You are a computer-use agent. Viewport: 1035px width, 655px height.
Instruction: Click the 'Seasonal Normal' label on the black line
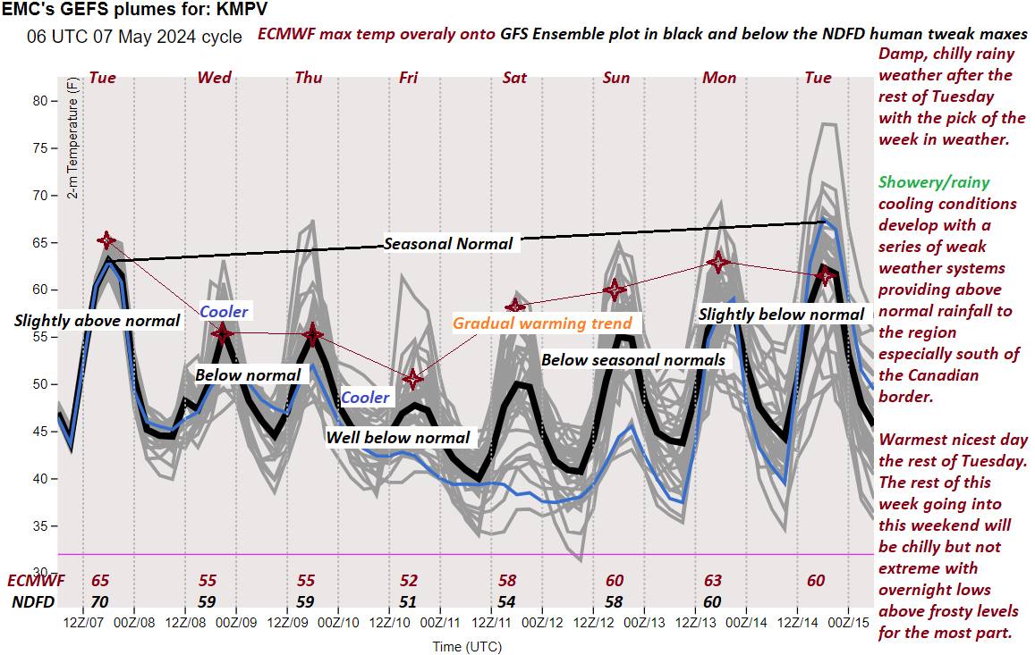click(448, 243)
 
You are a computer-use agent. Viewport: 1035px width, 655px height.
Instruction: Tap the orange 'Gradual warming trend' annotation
click(542, 323)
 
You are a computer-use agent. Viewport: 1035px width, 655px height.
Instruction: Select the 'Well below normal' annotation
click(397, 437)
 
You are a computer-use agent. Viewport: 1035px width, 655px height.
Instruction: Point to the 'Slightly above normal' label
click(97, 320)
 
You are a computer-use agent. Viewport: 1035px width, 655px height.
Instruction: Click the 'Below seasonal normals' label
click(633, 360)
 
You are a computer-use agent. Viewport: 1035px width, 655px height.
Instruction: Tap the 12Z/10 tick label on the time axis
click(390, 621)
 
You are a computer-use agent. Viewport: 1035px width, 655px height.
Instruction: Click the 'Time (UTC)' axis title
click(466, 645)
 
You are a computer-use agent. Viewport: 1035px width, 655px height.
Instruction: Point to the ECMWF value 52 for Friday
click(408, 581)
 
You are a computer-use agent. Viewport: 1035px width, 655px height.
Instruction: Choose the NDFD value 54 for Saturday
click(507, 601)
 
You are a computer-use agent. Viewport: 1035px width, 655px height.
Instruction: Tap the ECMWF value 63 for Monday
click(713, 581)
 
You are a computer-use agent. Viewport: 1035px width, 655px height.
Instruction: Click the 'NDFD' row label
click(33, 601)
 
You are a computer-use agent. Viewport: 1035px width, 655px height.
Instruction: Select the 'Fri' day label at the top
click(408, 78)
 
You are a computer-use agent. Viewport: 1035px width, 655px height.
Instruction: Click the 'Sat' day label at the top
click(514, 78)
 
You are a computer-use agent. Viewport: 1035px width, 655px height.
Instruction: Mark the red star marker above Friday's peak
click(412, 379)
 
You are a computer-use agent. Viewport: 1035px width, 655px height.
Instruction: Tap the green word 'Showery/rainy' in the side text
click(934, 182)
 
